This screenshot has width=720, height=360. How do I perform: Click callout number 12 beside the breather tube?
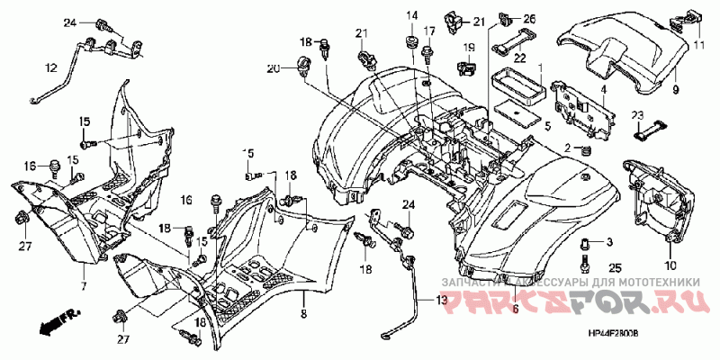tap(50, 67)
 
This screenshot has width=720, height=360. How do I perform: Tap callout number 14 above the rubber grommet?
tap(411, 14)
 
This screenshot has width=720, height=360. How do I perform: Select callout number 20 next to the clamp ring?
tap(274, 68)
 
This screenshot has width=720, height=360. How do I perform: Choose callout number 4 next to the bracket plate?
tap(604, 89)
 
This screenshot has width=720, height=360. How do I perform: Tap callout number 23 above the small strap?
tap(636, 114)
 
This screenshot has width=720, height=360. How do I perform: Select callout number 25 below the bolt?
tap(616, 267)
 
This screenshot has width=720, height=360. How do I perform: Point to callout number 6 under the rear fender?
tap(515, 310)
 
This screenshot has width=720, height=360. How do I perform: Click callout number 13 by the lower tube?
tap(441, 300)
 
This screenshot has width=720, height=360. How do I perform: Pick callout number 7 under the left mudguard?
tap(82, 286)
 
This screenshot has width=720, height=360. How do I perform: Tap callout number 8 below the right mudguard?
tap(302, 314)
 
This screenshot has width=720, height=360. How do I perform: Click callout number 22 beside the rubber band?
tap(518, 56)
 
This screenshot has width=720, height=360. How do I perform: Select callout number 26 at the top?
tap(528, 18)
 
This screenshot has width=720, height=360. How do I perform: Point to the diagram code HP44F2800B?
tap(613, 333)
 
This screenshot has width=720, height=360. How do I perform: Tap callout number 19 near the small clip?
tap(469, 47)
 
